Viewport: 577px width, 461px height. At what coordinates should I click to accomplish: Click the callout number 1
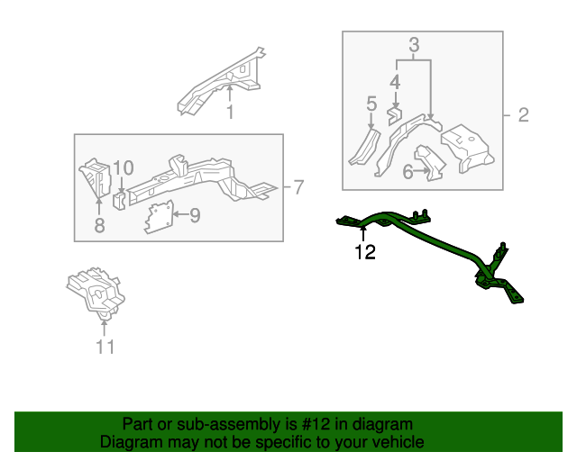coord(229,113)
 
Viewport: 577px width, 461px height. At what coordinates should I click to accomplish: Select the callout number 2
coord(522,115)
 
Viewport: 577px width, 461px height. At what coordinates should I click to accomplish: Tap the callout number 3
coord(414,44)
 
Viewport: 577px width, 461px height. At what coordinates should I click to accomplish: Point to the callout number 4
coord(394,83)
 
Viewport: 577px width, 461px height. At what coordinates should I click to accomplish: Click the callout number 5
coord(371,106)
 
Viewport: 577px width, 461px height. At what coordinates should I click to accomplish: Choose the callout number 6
coord(408,171)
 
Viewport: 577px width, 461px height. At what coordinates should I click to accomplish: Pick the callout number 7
coord(298,187)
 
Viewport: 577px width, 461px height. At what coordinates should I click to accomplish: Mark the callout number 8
coord(99,225)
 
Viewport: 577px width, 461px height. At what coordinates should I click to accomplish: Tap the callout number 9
coord(194,214)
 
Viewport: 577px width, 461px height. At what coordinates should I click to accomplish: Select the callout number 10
coord(124,167)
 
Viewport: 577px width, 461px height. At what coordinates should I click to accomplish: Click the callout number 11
coord(105,347)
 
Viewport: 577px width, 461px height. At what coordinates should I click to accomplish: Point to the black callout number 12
coord(365,252)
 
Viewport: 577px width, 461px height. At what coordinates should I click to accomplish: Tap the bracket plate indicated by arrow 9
coord(158,217)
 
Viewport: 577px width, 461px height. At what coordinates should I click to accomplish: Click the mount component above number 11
coord(97,290)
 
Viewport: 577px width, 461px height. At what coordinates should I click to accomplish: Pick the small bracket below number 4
coord(394,115)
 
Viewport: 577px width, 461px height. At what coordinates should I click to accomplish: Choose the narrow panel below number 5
coord(363,148)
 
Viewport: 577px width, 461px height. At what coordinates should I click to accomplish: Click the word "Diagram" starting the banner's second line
coord(126,442)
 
